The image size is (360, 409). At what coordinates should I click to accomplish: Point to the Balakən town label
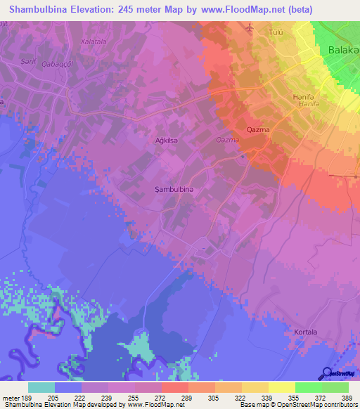344,50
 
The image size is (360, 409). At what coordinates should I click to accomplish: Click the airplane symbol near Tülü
250,27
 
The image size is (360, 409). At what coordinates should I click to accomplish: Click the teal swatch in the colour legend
41,387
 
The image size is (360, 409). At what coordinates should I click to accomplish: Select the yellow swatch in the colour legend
281,387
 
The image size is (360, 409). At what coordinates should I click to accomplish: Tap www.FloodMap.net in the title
239,9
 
